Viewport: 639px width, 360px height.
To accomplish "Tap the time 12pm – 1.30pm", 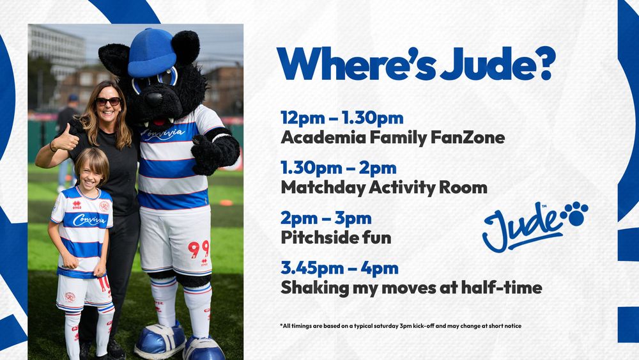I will (342, 118).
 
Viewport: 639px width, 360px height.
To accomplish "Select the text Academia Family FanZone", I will (392, 137).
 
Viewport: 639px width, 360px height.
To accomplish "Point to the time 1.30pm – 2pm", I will (339, 168).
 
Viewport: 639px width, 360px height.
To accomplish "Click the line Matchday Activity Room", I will (384, 187).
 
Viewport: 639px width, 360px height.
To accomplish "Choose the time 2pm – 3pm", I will (327, 219).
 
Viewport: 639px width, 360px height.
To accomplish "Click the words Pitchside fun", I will (336, 238).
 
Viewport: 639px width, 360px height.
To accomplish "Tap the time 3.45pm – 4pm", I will (339, 268).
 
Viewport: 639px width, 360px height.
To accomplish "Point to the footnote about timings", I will (401, 326).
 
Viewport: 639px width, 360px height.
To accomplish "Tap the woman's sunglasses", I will (107, 101).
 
